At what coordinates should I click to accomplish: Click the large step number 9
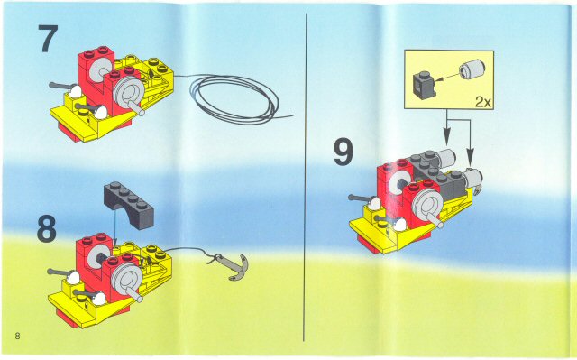tap(343, 152)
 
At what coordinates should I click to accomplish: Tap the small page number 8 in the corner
tap(17, 337)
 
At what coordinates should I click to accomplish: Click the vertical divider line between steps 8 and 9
tap(309, 180)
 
